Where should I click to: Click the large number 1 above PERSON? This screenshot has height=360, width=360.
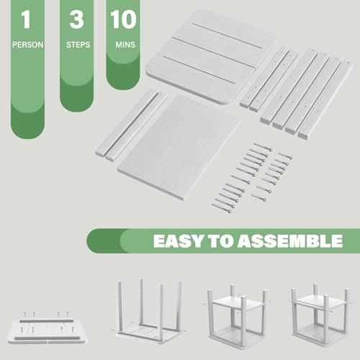click(x=26, y=19)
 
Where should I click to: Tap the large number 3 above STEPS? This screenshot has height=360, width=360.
click(x=76, y=19)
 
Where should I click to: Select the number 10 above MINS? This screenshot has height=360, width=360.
click(x=123, y=19)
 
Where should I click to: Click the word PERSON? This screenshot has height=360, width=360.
click(x=28, y=45)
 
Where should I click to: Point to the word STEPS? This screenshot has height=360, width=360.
click(x=78, y=45)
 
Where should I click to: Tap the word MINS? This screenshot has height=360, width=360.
click(x=125, y=45)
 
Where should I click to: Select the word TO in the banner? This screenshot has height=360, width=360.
click(x=221, y=241)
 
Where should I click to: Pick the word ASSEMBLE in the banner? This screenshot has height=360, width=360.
click(x=290, y=241)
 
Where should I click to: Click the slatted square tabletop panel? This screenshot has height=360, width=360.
click(x=211, y=57)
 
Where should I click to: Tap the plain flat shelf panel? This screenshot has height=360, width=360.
click(x=179, y=147)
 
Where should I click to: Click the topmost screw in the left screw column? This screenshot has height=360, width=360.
click(x=263, y=147)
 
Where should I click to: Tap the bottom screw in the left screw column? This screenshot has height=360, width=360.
click(x=222, y=208)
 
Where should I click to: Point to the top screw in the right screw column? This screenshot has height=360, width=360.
click(x=285, y=156)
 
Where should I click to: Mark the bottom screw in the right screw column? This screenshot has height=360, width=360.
click(x=258, y=197)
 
